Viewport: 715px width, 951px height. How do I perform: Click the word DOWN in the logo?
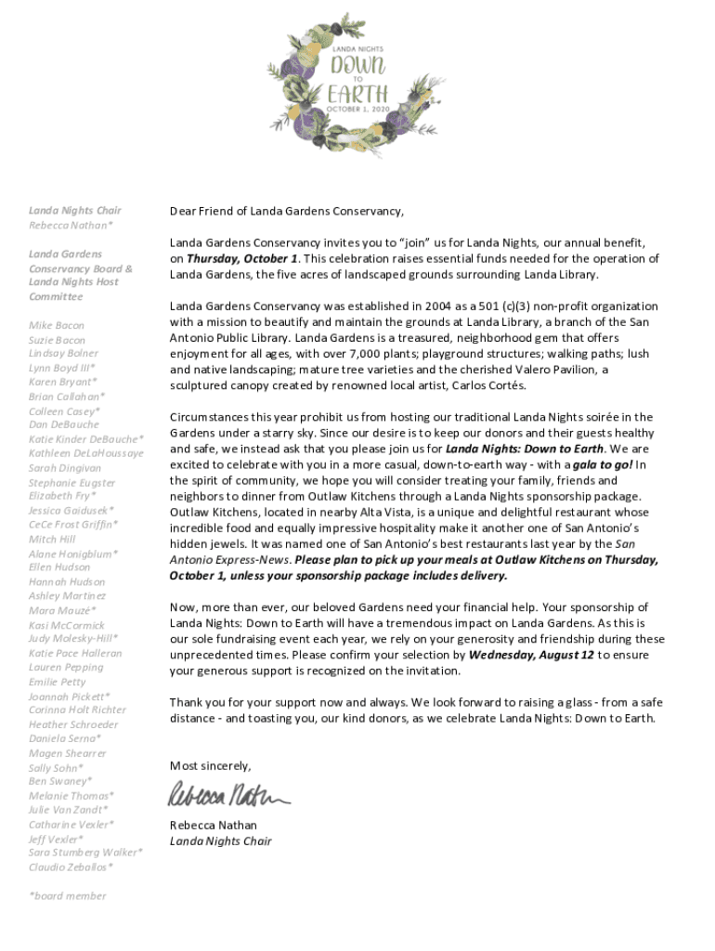(x=357, y=65)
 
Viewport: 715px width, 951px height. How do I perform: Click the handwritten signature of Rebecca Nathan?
(x=227, y=795)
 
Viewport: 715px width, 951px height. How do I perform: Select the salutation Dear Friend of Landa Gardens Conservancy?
(x=287, y=211)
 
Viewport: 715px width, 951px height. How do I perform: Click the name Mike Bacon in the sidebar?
(x=56, y=325)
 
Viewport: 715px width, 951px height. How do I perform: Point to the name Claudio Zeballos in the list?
(x=71, y=866)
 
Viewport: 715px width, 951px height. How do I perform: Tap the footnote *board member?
(x=67, y=895)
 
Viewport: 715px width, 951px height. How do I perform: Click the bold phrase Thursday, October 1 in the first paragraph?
(x=242, y=258)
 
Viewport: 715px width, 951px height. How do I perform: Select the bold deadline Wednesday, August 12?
(x=530, y=655)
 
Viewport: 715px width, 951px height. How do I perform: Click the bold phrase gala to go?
(x=602, y=464)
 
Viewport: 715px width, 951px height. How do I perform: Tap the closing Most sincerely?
(x=210, y=765)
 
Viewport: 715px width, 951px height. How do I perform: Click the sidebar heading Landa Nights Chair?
(x=74, y=211)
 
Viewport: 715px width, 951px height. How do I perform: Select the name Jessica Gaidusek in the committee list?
(x=71, y=510)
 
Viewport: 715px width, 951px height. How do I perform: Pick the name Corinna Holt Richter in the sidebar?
(x=77, y=710)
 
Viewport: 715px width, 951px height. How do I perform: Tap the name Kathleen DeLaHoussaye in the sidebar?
(x=85, y=453)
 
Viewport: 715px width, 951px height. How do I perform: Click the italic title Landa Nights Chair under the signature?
(x=220, y=841)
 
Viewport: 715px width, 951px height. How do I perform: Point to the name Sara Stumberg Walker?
(x=85, y=852)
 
